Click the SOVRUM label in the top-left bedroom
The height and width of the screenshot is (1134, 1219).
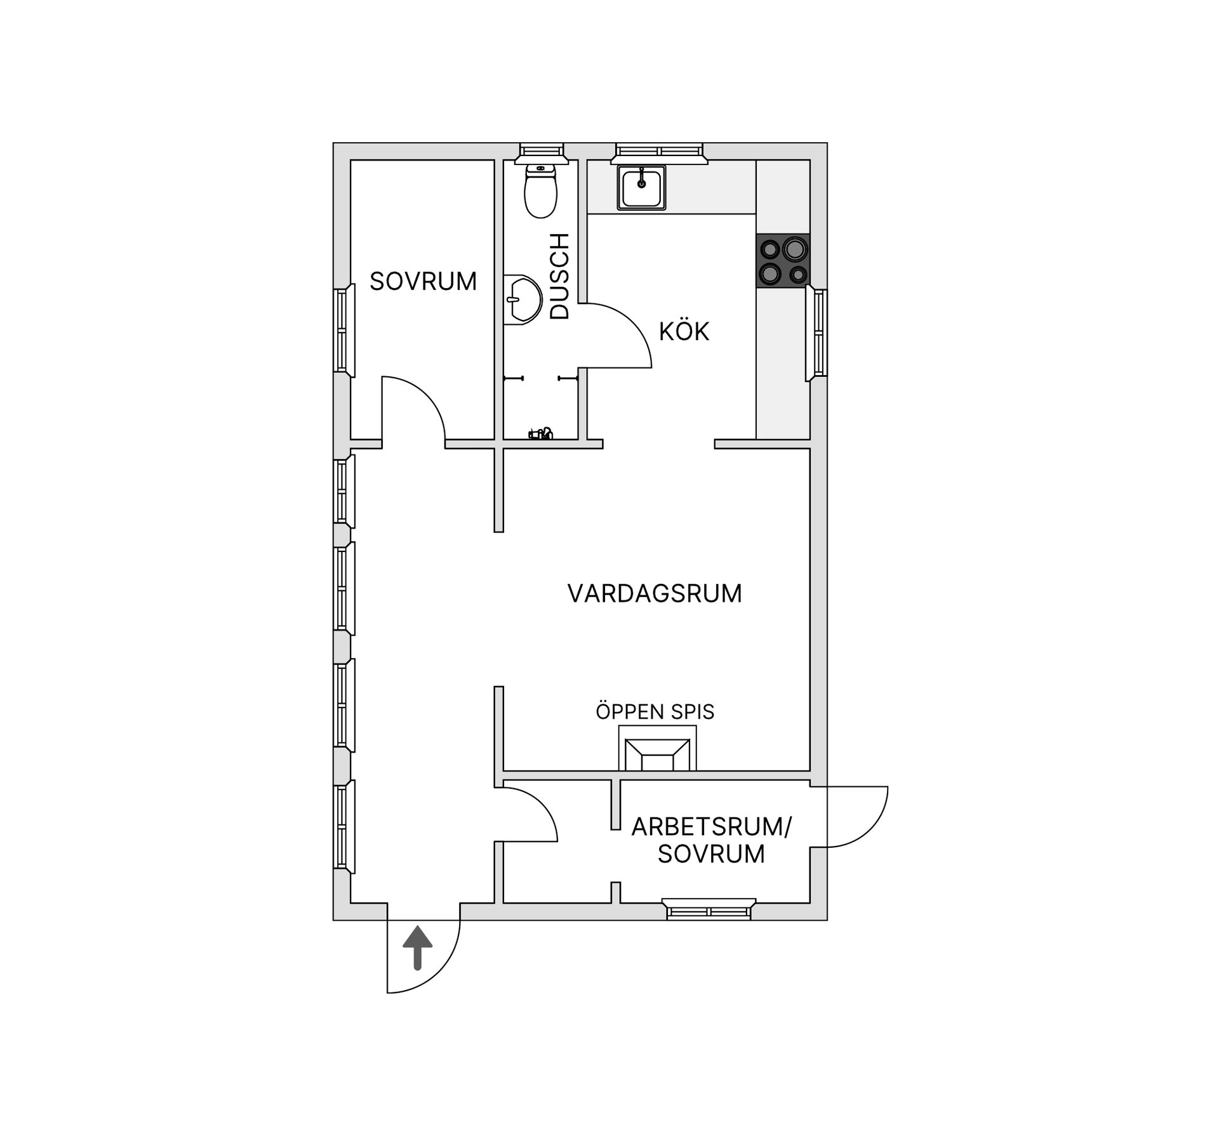423,281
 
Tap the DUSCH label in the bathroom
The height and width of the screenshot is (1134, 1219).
559,276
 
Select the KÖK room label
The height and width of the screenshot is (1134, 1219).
684,331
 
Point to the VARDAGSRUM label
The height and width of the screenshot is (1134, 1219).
655,593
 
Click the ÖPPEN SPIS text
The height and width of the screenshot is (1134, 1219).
655,711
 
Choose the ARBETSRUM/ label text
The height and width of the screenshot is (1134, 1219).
712,827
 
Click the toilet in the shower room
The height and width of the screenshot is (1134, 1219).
540,190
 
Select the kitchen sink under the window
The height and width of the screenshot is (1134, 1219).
641,187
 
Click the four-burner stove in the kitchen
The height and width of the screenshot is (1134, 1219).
783,259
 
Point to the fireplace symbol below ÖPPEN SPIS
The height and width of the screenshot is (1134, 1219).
657,749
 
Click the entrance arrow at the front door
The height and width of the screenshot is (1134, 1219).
418,947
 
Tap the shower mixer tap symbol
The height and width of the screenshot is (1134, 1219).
541,434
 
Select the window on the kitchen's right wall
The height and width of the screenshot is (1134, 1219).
816,333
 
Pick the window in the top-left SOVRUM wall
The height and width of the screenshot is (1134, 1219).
344,330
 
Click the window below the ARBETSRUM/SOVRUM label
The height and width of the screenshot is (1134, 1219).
709,909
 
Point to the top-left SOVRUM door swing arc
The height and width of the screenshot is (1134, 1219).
426,395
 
